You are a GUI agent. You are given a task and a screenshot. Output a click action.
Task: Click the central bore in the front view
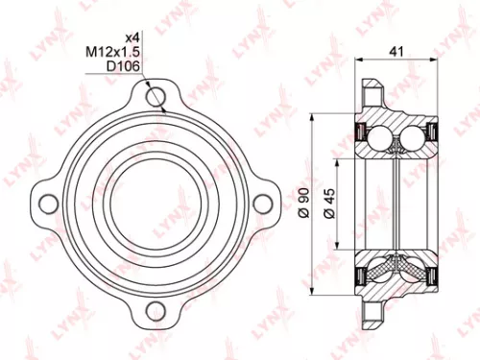click(x=154, y=203)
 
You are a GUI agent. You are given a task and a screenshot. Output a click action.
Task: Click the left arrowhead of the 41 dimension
click(x=360, y=59)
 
